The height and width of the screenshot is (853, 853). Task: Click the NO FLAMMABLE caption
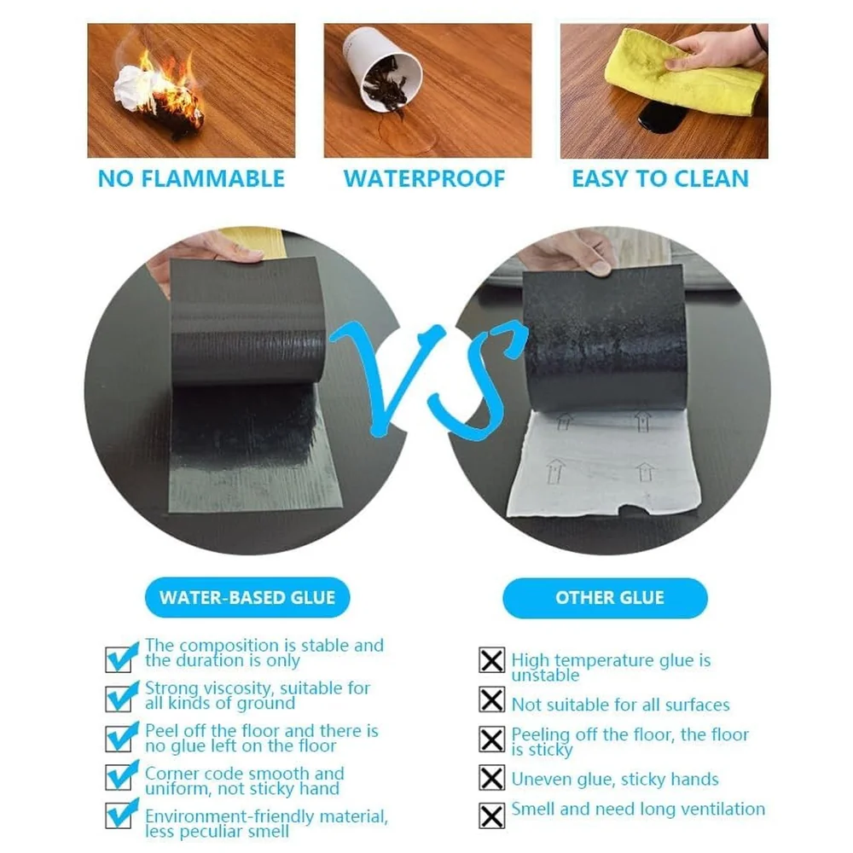pyautogui.click(x=191, y=179)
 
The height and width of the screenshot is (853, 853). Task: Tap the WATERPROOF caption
pyautogui.click(x=424, y=179)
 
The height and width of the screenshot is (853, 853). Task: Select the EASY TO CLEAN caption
pyautogui.click(x=660, y=179)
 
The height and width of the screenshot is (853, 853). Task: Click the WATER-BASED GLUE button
pyautogui.click(x=247, y=597)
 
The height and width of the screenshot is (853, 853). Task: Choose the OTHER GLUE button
pyautogui.click(x=605, y=598)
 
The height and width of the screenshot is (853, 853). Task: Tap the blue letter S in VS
pyautogui.click(x=479, y=380)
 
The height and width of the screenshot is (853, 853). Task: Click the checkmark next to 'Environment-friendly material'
pyautogui.click(x=120, y=815)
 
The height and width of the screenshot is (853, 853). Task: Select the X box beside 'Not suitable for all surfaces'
pyautogui.click(x=492, y=699)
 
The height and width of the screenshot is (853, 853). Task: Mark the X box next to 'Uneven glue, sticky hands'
pyautogui.click(x=492, y=777)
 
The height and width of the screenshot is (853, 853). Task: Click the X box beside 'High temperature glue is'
pyautogui.click(x=492, y=660)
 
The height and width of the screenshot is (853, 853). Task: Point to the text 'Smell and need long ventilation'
pyautogui.click(x=638, y=809)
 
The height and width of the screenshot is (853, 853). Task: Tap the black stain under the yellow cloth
pyautogui.click(x=659, y=118)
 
